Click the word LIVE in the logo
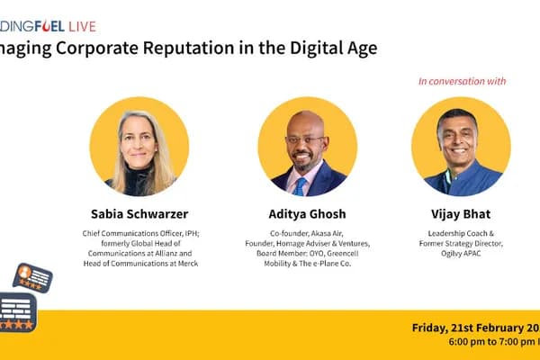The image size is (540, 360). coord(80,26)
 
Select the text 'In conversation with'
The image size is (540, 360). coord(462,81)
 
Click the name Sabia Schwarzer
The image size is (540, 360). coord(139,215)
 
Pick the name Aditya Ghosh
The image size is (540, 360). coord(307,215)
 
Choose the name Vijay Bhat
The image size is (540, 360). coord(460,215)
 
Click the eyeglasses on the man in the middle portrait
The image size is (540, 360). coord(305,139)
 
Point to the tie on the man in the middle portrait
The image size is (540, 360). coord(300,184)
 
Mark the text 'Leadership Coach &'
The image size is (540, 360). coord(460,233)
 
